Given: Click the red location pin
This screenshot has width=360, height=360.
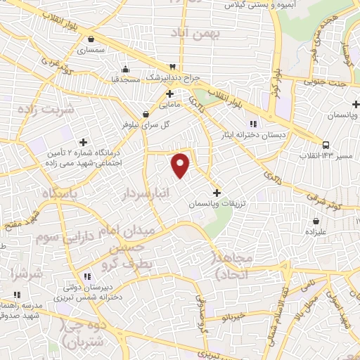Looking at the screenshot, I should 181,165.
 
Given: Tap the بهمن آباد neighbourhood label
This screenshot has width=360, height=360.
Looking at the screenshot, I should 200,33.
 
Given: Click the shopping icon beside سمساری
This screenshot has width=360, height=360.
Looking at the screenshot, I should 82,39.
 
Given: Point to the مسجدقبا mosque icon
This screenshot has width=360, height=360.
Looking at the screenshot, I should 125,69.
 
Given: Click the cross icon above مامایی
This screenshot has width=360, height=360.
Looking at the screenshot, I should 169,93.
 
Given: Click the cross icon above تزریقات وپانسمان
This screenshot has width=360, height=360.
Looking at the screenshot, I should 217,192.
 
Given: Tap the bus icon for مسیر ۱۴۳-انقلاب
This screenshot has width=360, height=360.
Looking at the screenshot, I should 326,146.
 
